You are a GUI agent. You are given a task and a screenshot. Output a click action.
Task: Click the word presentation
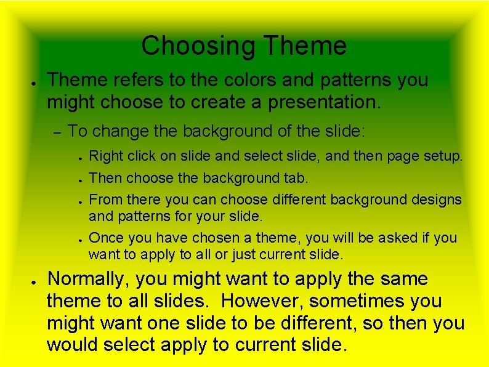tap(325, 102)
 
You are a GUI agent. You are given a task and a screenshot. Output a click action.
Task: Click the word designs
tap(435, 200)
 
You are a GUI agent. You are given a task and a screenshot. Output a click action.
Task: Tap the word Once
tap(106, 238)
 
